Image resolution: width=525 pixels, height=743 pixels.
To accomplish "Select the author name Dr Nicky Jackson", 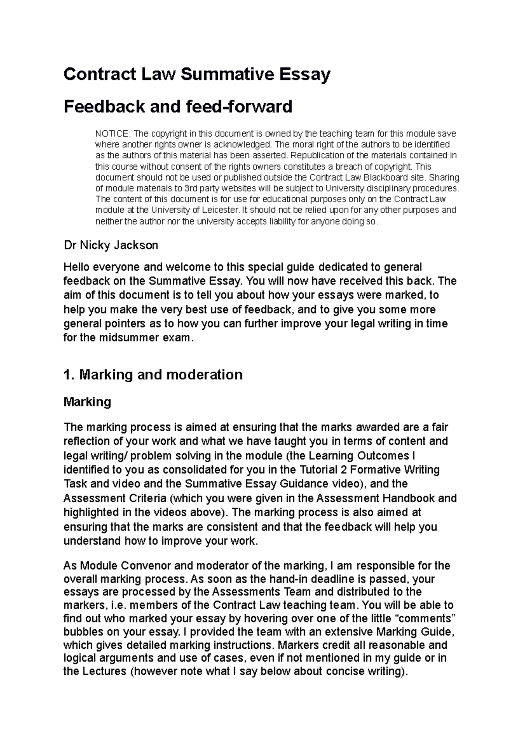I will pyautogui.click(x=111, y=245).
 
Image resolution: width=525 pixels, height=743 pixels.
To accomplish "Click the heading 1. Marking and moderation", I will pyautogui.click(x=153, y=375).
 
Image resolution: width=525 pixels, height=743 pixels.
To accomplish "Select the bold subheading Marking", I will pyautogui.click(x=87, y=402).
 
